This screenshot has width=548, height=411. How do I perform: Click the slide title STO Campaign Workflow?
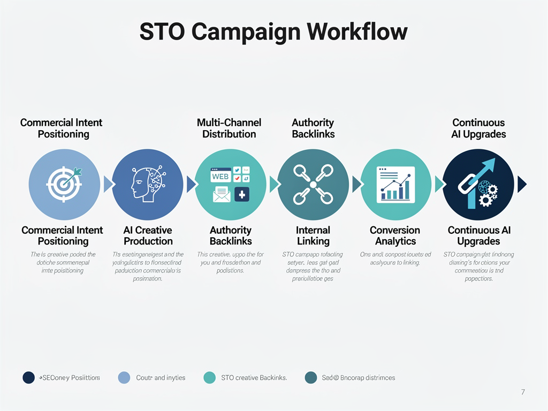pos(273,32)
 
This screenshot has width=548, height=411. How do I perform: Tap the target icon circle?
pos(64,184)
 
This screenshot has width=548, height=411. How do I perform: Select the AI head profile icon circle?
pos(148,184)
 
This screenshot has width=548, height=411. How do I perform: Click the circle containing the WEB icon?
pos(231,184)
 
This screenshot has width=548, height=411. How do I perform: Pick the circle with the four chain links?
pos(313,184)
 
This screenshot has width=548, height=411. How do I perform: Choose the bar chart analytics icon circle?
pos(396,184)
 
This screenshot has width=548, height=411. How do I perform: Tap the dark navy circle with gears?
pos(478,184)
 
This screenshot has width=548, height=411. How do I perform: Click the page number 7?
pos(523,392)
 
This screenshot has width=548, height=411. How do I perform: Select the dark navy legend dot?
pos(29,377)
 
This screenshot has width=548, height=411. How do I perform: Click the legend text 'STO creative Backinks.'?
pos(254,378)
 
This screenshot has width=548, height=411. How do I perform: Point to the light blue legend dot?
pos(124,377)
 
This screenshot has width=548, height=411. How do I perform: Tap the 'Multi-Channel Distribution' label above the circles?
pos(229,128)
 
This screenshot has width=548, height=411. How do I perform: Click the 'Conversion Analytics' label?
pos(395,235)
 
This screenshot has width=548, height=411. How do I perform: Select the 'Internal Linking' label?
pos(313,235)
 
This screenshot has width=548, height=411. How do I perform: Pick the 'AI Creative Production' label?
pos(148,235)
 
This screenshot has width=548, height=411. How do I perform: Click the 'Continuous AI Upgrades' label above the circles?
pos(478,128)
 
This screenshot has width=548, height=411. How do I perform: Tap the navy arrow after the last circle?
pos(522,184)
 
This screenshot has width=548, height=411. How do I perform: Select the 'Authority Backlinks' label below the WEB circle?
pos(231,235)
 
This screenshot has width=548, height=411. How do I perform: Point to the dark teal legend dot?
pos(310,377)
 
